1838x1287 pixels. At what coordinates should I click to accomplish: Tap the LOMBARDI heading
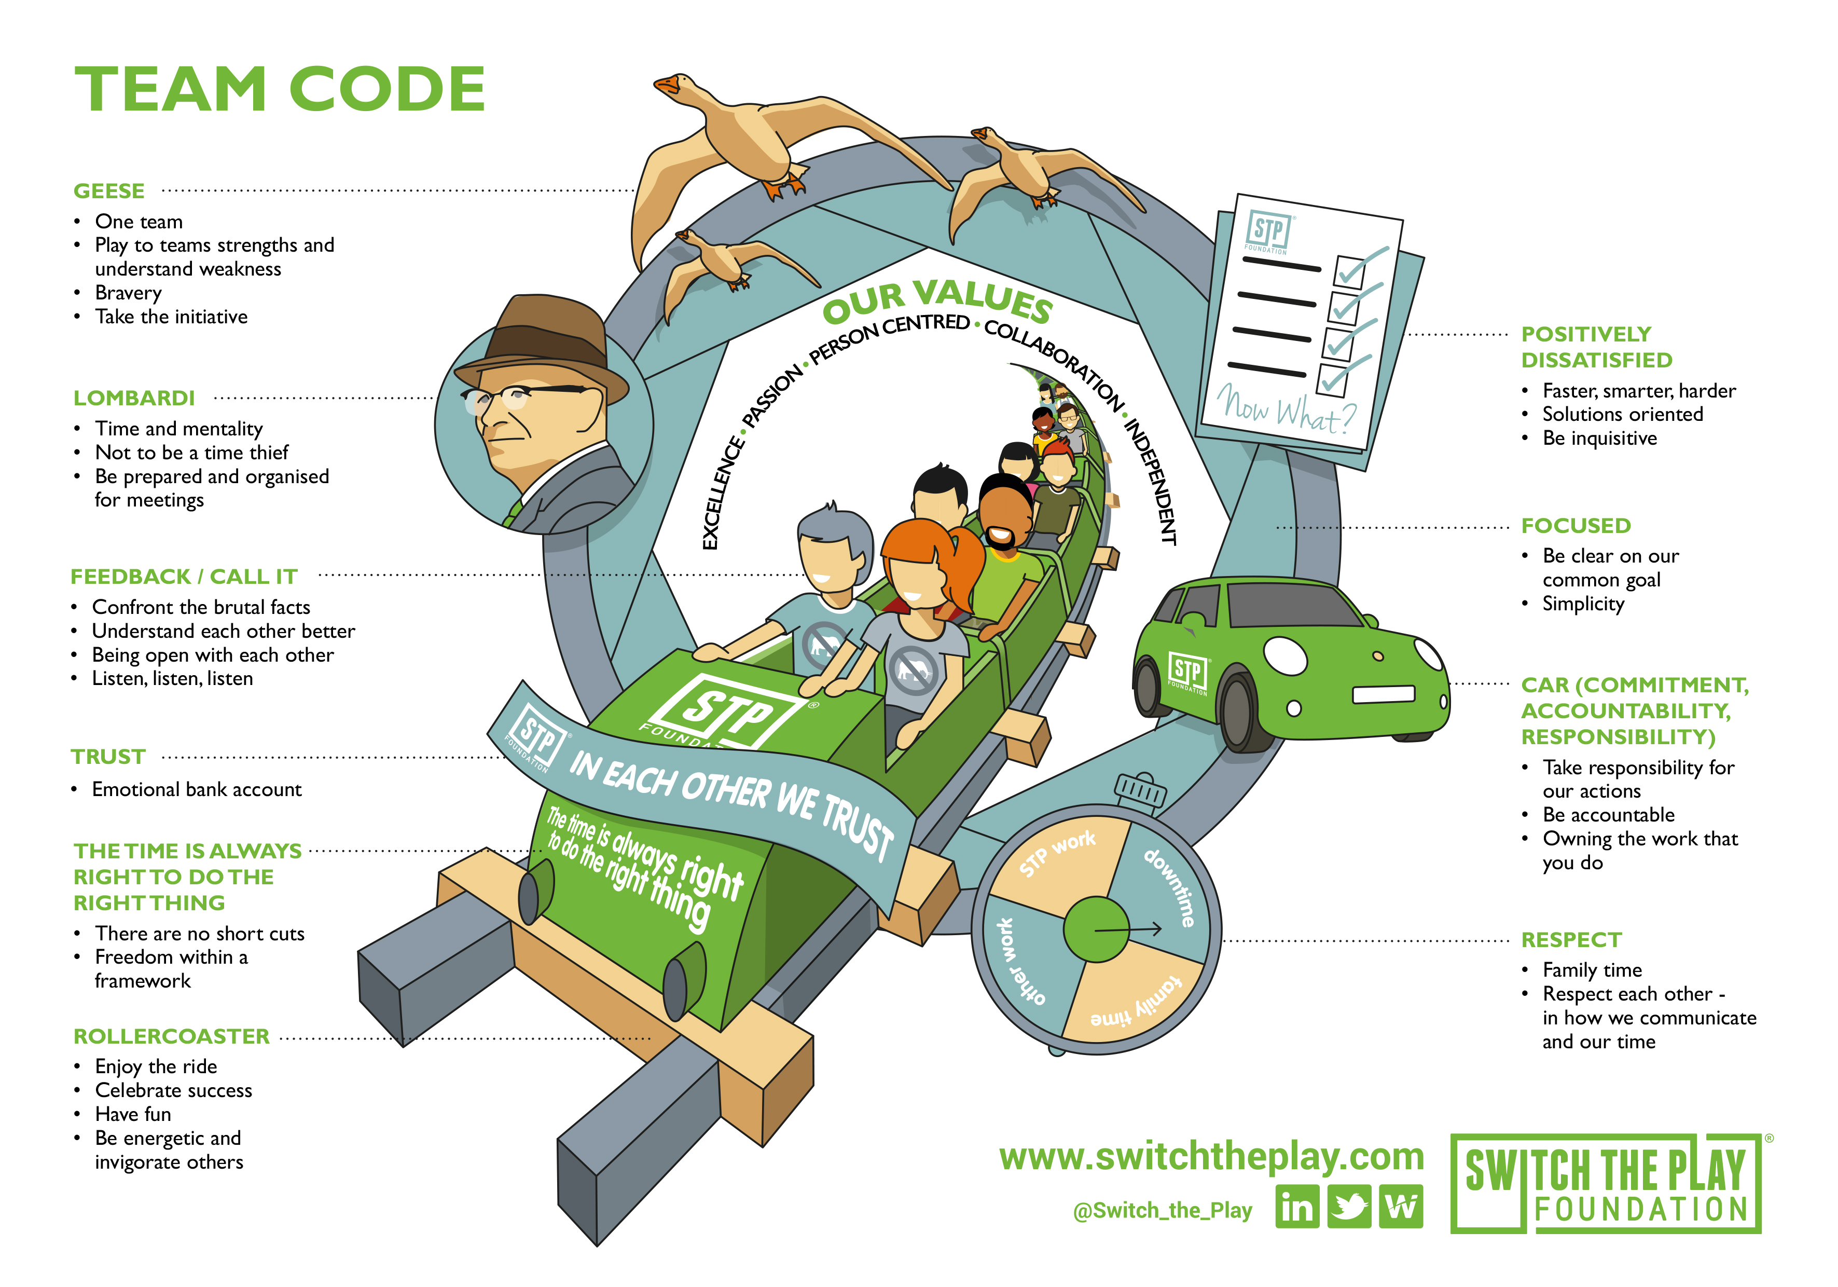tap(134, 398)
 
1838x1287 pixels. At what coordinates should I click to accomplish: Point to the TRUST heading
tap(108, 757)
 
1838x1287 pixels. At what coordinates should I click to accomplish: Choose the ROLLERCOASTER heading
tap(171, 1036)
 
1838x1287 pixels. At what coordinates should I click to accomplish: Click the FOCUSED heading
tap(1576, 525)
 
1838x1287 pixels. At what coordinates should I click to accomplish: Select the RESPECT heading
tap(1571, 939)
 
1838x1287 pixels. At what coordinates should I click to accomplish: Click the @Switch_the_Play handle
tap(1163, 1210)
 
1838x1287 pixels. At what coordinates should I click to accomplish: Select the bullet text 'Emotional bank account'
tap(197, 790)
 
